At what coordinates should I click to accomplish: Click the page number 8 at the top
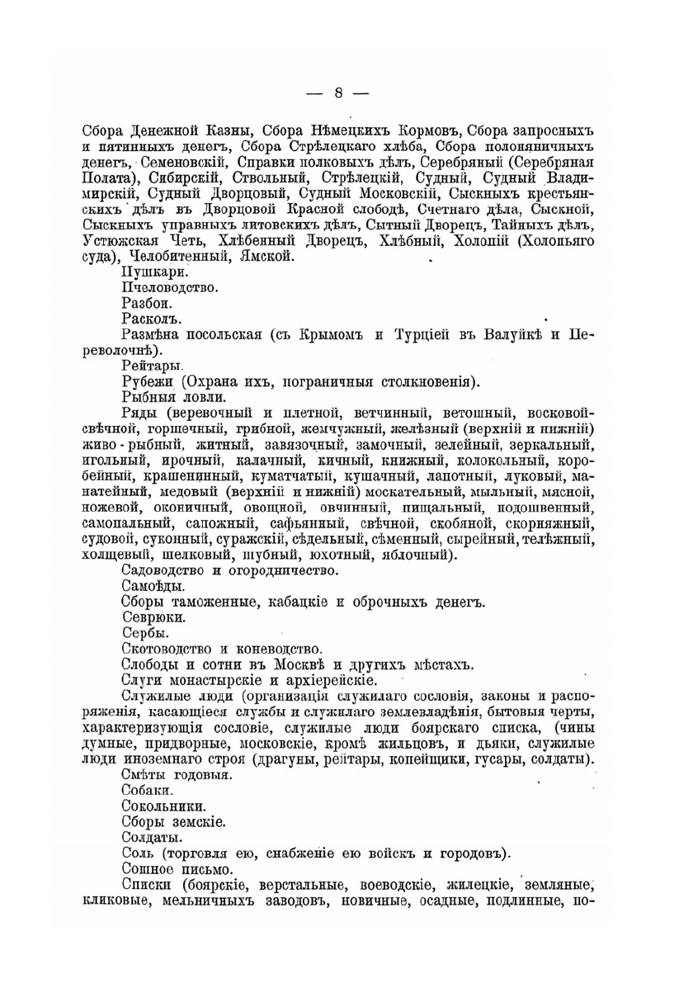(x=338, y=92)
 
